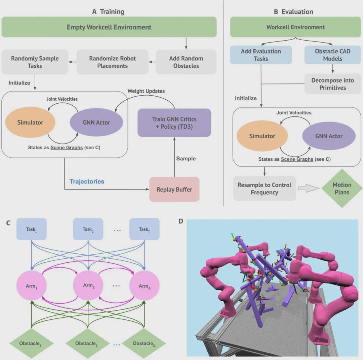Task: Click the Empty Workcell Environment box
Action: coord(109,27)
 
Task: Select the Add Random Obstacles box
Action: coord(186,62)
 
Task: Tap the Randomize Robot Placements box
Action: coord(112,62)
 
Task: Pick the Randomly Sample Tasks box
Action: coord(35,62)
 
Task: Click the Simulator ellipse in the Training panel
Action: coord(30,122)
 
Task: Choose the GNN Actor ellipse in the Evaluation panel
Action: coord(329,136)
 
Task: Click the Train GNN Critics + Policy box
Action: coord(174,123)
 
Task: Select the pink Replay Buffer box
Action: coord(174,190)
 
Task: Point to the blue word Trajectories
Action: coord(87,182)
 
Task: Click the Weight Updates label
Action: coord(146,91)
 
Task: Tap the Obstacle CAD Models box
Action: coord(332,55)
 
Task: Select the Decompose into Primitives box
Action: coord(332,84)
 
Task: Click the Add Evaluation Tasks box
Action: coord(261,55)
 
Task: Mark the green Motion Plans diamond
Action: coord(341,189)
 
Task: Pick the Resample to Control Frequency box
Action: coord(264,189)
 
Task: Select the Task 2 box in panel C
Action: coord(88,229)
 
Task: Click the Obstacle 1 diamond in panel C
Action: coord(31,343)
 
